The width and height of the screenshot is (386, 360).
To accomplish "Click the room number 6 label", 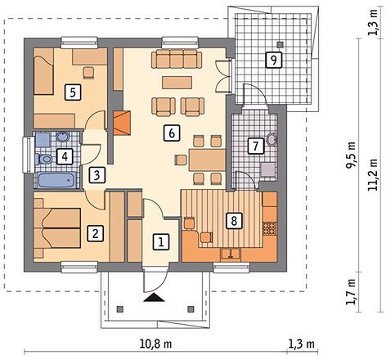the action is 172,133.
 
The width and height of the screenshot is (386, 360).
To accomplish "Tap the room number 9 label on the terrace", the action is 273,60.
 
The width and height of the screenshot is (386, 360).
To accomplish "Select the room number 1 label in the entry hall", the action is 161,241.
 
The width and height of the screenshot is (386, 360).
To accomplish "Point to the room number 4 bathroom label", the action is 65,156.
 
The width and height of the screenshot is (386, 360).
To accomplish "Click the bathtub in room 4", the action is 56,181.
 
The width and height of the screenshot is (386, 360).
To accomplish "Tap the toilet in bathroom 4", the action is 43,159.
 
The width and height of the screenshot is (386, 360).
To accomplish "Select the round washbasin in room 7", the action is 272,140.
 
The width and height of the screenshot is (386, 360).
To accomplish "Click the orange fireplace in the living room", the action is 122,123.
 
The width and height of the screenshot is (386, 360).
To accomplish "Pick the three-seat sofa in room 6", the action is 177,59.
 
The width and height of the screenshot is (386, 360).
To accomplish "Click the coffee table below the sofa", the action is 177,83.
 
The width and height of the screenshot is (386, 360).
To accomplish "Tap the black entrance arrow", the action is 155,297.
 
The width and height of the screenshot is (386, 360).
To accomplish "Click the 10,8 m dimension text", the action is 155,344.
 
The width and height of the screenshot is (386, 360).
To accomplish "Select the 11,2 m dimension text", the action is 373,175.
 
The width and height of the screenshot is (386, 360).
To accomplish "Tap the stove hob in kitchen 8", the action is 270,228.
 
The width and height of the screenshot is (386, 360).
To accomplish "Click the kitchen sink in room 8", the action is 231,254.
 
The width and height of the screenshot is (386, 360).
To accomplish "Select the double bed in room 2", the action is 57,228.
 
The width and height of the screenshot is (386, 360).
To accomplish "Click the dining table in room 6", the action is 207,160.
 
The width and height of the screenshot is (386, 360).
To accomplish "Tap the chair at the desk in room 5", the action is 89,73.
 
